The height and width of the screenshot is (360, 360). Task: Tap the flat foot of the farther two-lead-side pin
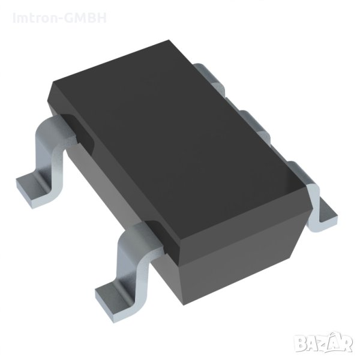(30, 182)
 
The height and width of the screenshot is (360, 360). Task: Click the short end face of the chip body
(240, 240)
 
